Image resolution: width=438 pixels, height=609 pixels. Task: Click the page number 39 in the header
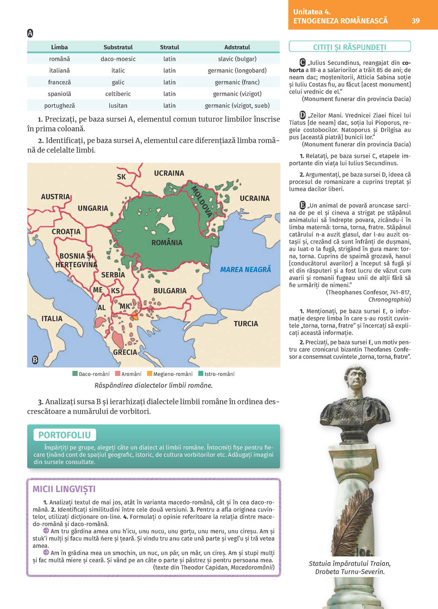pos(415,21)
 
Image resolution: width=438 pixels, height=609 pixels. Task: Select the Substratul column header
pos(118,47)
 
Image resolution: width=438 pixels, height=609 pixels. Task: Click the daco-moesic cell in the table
pos(118,59)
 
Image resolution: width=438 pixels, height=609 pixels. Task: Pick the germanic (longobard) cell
pos(237,71)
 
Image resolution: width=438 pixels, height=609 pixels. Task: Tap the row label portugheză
pos(60,106)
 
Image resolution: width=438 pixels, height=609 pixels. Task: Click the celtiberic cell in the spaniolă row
pos(118,94)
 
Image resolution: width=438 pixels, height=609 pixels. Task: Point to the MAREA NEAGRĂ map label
pos(245,270)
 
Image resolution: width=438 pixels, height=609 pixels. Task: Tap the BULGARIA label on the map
pos(170,291)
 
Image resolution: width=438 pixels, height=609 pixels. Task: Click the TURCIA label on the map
pos(246,324)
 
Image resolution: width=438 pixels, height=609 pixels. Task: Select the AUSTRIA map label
pos(55,197)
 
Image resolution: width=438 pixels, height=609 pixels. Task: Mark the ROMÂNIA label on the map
pos(167,243)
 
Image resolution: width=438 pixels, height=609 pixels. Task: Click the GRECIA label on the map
pos(125,352)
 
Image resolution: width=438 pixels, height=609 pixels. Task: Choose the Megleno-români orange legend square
pos(149,374)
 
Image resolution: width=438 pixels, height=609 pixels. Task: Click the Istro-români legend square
pos(201,374)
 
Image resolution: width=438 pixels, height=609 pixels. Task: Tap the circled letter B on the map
pos(35,360)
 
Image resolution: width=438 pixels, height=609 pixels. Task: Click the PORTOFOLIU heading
pos(64,435)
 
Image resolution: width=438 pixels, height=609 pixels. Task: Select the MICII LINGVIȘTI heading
pos(64,489)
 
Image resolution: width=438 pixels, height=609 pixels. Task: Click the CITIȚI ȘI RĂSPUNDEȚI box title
pos(350,47)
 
